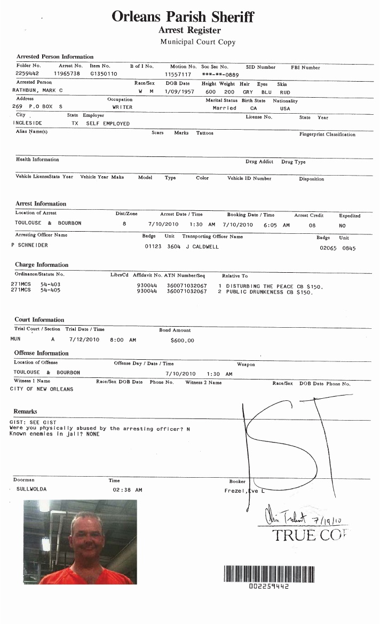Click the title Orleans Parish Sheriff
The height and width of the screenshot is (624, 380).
point(183,17)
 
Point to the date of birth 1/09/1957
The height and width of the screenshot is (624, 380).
point(178,92)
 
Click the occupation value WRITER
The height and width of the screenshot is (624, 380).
point(122,107)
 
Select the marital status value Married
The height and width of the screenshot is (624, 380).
point(224,108)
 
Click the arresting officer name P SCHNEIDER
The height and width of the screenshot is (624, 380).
point(29,245)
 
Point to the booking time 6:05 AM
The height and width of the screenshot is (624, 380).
point(276,225)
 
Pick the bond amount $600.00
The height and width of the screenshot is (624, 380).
point(183,340)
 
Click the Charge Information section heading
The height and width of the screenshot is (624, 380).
point(42,265)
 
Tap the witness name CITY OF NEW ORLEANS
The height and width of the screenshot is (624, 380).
point(42,389)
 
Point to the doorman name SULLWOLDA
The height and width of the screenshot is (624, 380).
point(31,488)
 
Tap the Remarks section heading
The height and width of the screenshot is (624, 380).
point(25,412)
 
